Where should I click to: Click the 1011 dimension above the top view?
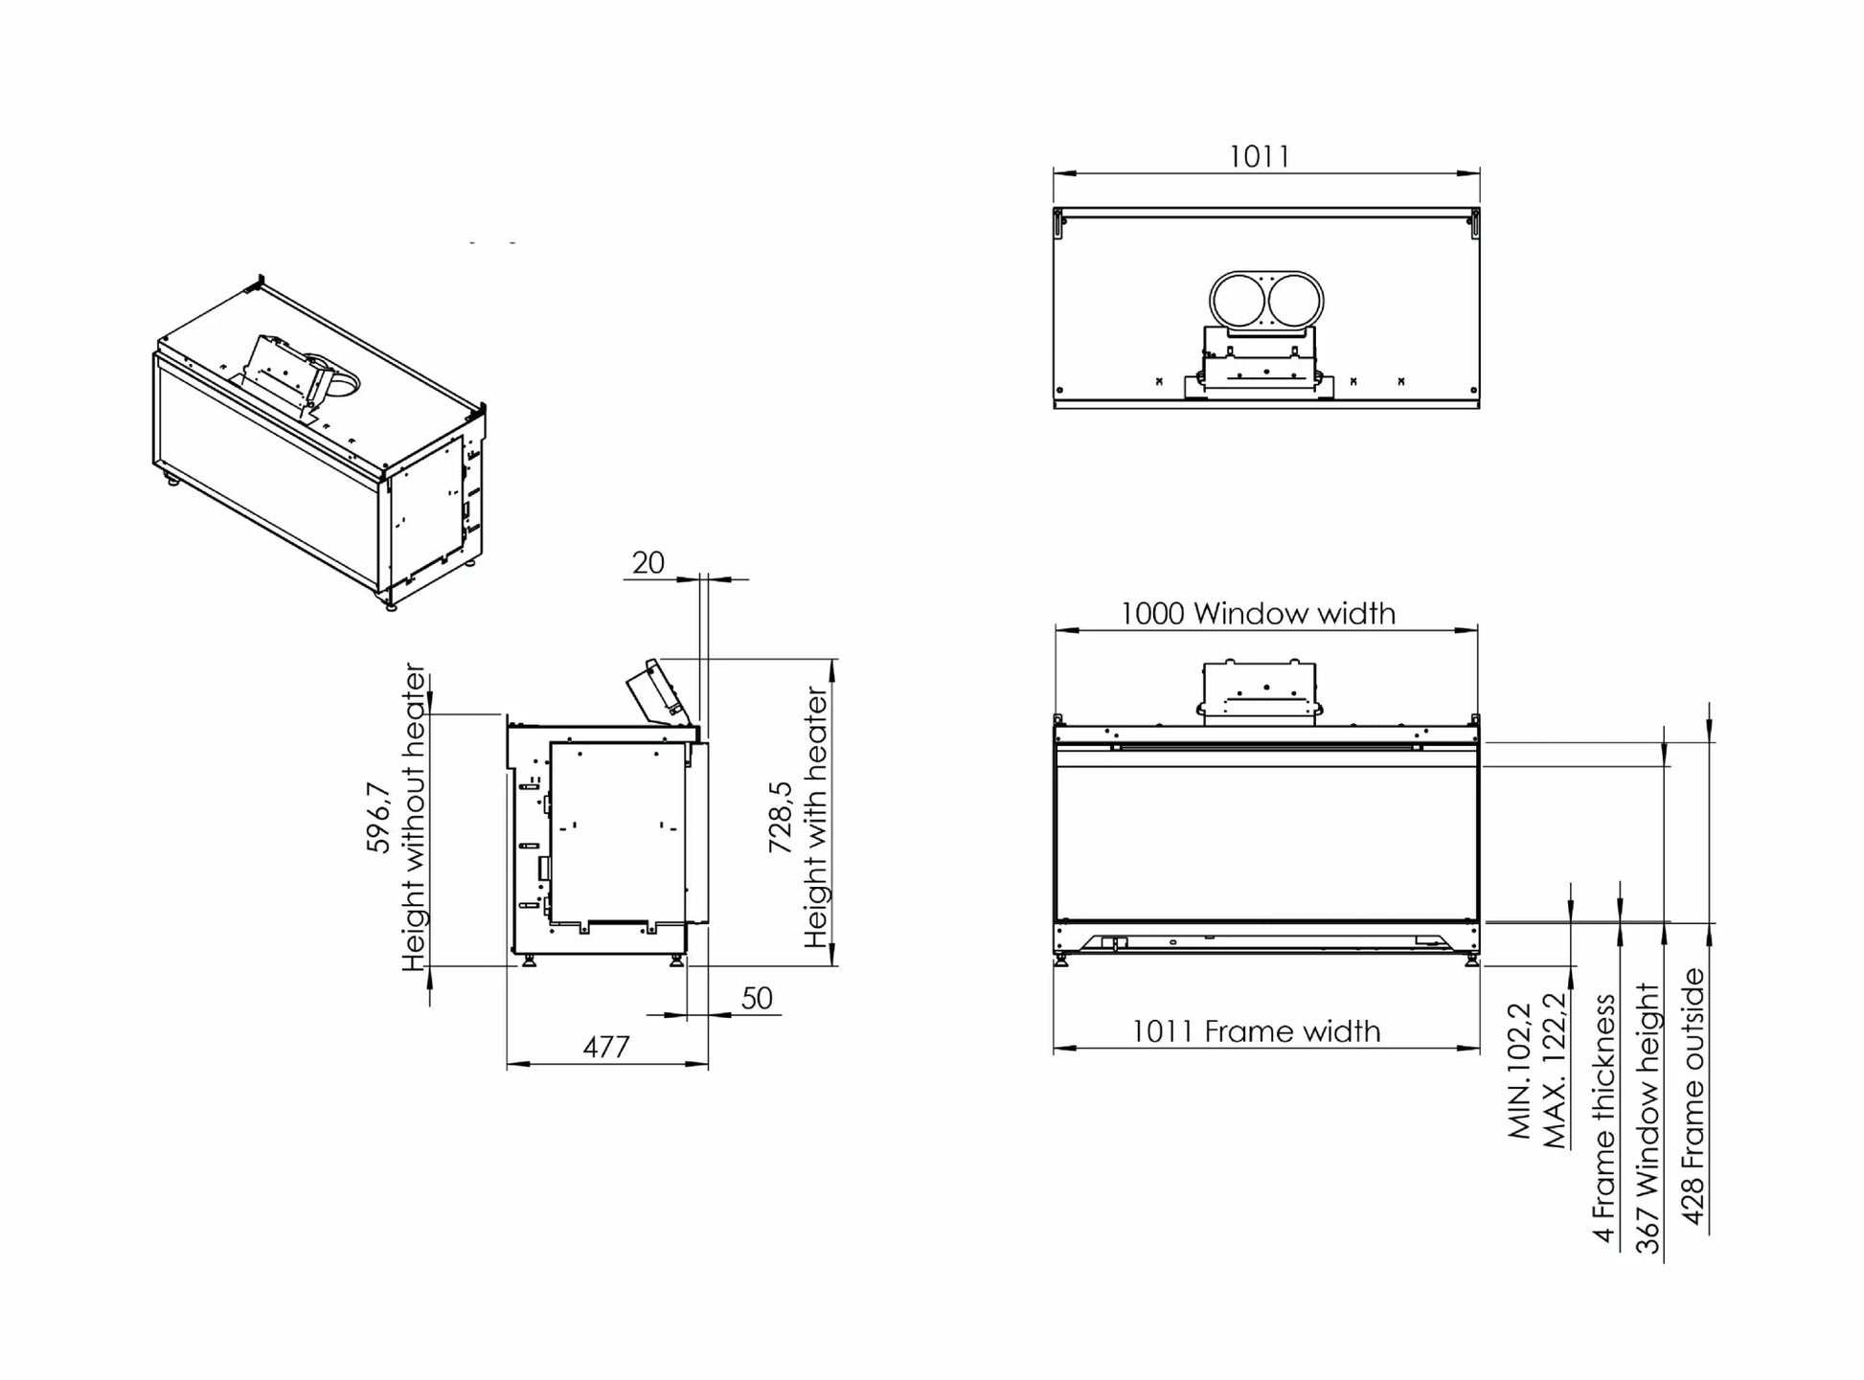click(1259, 156)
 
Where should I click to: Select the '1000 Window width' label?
click(1258, 613)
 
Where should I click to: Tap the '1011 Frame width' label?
click(1256, 1031)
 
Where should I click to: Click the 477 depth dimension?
click(606, 1047)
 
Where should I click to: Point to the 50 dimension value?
click(756, 999)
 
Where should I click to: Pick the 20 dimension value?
click(648, 563)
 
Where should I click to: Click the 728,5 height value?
click(781, 816)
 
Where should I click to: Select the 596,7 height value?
click(379, 818)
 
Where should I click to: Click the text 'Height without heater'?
click(413, 817)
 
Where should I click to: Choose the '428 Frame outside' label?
click(1694, 1096)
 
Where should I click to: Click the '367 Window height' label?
click(1648, 1118)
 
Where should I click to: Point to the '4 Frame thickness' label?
click(1604, 1119)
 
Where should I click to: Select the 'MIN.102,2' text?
click(1520, 1071)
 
